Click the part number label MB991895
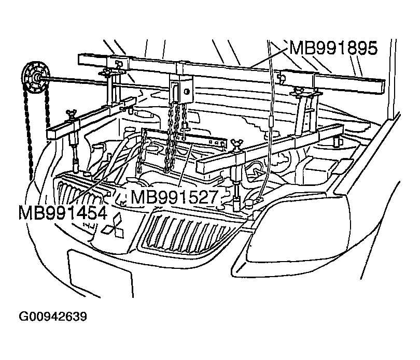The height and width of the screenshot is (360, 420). (333, 48)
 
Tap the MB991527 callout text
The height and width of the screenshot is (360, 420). (174, 197)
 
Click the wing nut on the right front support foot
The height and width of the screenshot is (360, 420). (238, 143)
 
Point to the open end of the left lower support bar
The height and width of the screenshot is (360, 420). (51, 134)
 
